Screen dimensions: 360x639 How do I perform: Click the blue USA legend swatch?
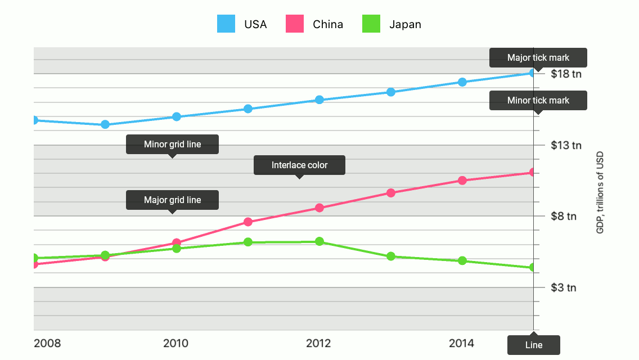click(x=227, y=24)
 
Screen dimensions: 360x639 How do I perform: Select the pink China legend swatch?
click(x=295, y=24)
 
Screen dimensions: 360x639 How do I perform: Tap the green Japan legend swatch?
click(x=371, y=24)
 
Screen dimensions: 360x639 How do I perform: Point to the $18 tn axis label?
click(x=566, y=74)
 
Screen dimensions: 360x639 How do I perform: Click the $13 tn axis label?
click(x=566, y=145)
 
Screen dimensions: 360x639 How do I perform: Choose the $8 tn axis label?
click(x=564, y=216)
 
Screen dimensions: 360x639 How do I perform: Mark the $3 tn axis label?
click(x=564, y=287)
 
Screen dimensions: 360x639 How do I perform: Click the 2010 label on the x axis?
click(x=175, y=343)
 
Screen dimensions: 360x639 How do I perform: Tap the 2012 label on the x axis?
click(x=318, y=343)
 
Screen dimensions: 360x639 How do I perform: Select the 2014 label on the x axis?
click(x=461, y=343)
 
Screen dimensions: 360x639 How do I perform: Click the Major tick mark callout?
click(x=538, y=57)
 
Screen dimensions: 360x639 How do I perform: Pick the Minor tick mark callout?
click(x=538, y=100)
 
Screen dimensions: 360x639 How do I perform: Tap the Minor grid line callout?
click(x=172, y=144)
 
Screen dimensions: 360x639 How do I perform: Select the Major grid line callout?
click(x=172, y=200)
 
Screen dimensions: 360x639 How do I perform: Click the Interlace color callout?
click(x=299, y=165)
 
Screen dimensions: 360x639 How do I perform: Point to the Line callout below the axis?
click(x=533, y=345)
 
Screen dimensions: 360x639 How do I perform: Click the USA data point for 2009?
click(x=105, y=124)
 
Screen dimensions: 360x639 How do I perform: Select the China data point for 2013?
click(x=391, y=193)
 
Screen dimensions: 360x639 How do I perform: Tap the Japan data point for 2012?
click(x=319, y=241)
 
